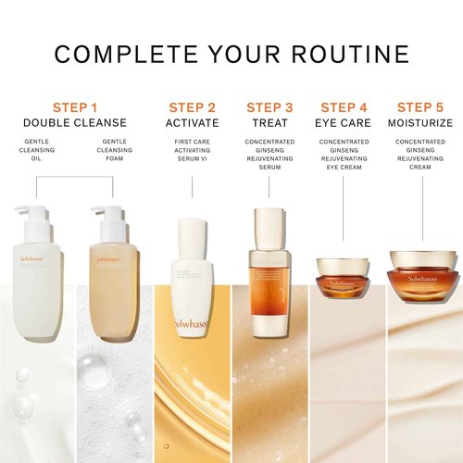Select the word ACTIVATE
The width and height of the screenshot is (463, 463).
pyautogui.click(x=193, y=122)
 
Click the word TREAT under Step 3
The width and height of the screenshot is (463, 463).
pyautogui.click(x=269, y=122)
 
